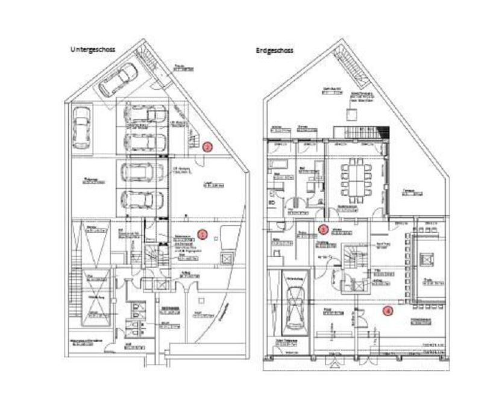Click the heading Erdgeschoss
coord(274,51)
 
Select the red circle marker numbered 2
coord(207,146)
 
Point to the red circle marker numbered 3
coord(323,230)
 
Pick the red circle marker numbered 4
coord(388,311)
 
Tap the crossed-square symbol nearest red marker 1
coord(226,258)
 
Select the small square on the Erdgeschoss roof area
coord(350,114)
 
